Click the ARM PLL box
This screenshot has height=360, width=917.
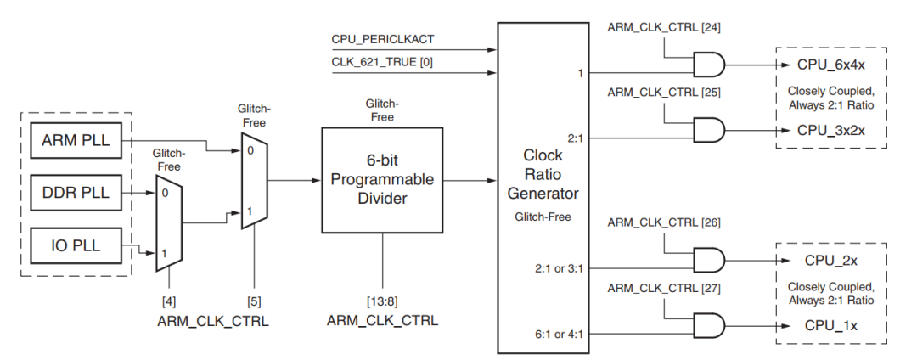tap(76, 141)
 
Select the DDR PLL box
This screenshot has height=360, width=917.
tap(76, 193)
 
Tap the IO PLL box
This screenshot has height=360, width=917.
tap(76, 245)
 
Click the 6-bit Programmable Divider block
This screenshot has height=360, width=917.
tap(382, 179)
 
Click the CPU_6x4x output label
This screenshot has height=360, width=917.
tap(830, 65)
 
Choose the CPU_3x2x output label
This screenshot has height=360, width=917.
tap(830, 130)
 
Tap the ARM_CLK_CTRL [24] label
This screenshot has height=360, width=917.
tap(663, 27)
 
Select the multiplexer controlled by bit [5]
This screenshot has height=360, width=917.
tap(252, 180)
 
